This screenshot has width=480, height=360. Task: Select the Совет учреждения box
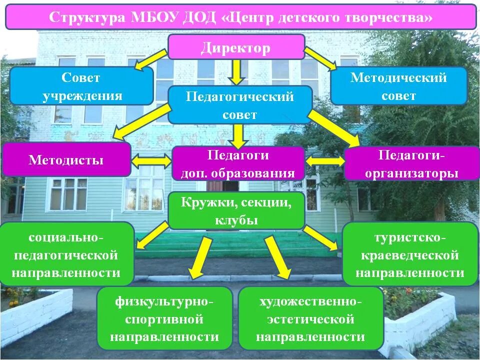click(81, 86)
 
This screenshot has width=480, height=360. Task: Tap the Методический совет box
click(398, 86)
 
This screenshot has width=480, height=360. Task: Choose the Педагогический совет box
click(240, 105)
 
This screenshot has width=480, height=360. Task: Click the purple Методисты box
click(66, 160)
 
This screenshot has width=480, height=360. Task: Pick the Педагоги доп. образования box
click(238, 163)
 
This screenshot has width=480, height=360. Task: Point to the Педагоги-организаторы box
click(411, 163)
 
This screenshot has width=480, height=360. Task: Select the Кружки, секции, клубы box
click(236, 210)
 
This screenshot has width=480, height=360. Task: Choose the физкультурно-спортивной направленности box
click(164, 319)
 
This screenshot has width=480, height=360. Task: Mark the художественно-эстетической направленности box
click(310, 319)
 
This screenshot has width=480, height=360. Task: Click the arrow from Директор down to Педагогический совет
click(237, 72)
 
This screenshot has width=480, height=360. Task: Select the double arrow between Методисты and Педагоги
click(151, 161)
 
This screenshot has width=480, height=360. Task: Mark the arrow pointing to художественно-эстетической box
click(277, 257)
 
